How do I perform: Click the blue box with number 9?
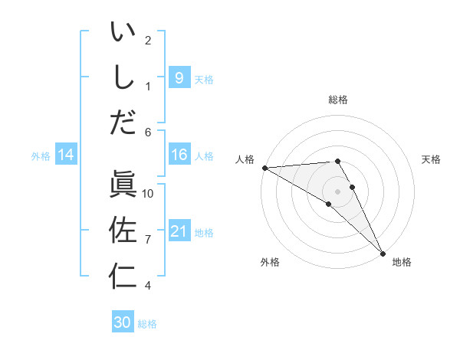point(179,77)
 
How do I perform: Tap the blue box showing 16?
point(179,155)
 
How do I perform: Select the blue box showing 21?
point(179,231)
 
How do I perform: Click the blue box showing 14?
point(65,155)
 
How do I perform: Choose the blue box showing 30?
point(123,322)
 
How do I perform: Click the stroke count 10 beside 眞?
point(148,194)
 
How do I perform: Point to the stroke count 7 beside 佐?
point(148,240)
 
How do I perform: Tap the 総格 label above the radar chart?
point(338,100)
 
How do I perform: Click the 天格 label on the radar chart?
point(432,159)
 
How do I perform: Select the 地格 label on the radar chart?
point(402,262)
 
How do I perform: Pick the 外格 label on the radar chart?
point(270,262)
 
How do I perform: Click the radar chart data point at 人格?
point(264,168)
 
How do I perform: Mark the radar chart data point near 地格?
point(382,252)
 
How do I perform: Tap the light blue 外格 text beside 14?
point(41,156)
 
